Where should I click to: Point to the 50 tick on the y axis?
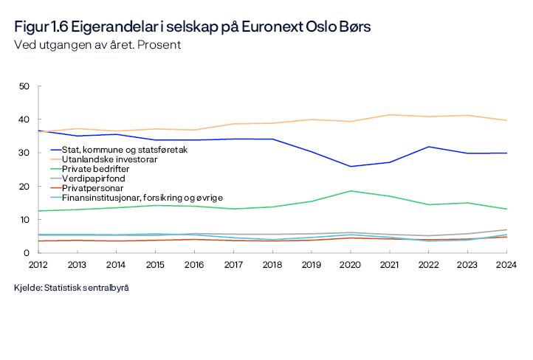point(24,86)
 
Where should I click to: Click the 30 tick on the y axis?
point(24,153)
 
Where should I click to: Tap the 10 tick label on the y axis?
point(24,220)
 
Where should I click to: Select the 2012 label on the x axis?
point(40,264)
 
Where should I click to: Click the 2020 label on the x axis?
point(350,264)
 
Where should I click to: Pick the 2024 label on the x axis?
point(505,264)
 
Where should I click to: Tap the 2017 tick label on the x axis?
point(233,264)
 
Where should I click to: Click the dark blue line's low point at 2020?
point(350,167)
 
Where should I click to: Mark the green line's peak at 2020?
point(350,191)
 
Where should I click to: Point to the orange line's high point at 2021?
point(388,114)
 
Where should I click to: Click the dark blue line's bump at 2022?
point(427,147)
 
